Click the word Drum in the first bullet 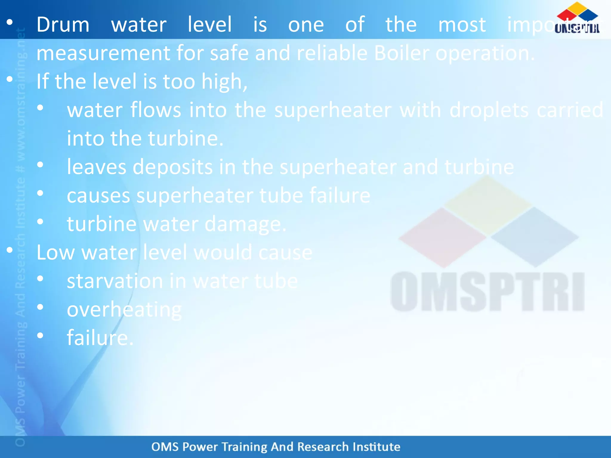coord(63,24)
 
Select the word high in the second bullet coord(224,82)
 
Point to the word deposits coord(172,167)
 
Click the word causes coord(98,196)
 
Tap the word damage coord(245,224)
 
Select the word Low coord(55,253)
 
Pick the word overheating coord(124,310)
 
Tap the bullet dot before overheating coord(40,307)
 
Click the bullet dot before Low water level coord(10,250)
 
